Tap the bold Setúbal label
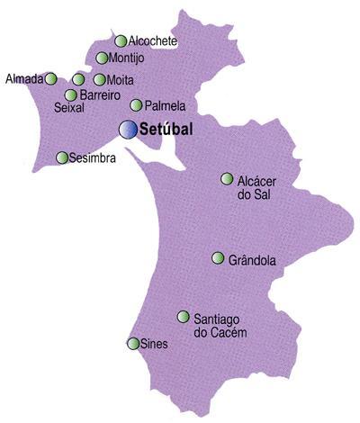(x=168, y=130)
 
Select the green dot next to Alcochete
(x=121, y=40)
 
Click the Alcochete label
(x=153, y=41)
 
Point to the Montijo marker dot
(x=103, y=58)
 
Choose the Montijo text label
(x=127, y=59)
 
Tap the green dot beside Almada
(x=51, y=78)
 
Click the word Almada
(x=23, y=78)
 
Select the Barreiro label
(x=100, y=94)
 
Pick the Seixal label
(x=69, y=107)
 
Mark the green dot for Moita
(x=99, y=79)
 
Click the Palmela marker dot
(x=136, y=104)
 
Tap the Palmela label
(x=165, y=105)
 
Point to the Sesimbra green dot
(x=62, y=157)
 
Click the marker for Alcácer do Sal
(x=227, y=179)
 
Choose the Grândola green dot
(x=217, y=258)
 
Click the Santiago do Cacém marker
(x=183, y=317)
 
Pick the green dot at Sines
(x=133, y=344)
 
